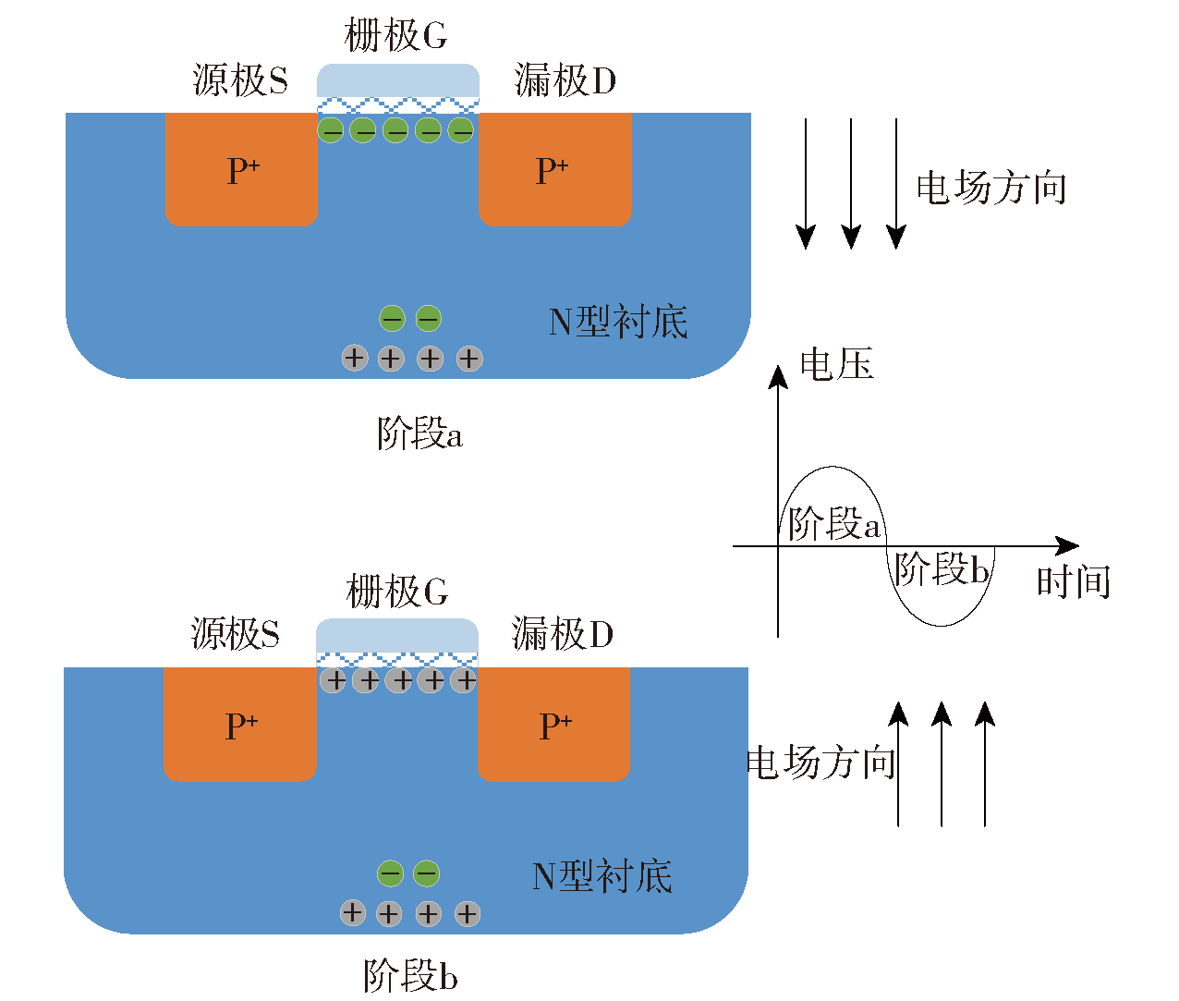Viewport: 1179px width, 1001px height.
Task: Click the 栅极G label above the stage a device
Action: point(395,35)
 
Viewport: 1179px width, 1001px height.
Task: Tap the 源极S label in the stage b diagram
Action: point(235,633)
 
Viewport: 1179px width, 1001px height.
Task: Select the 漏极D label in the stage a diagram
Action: point(565,79)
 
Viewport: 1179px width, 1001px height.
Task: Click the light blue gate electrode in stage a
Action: point(398,80)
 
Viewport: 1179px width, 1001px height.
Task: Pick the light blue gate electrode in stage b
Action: point(397,635)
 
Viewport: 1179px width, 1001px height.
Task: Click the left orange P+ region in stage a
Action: point(241,169)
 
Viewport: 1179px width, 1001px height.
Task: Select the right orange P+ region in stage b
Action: point(553,725)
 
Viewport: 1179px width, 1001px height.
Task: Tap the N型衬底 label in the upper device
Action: point(618,322)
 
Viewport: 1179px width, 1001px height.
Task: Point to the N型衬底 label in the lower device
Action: point(602,876)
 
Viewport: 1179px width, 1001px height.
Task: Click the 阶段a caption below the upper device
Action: point(419,433)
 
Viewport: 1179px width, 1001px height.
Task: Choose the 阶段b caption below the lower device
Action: point(410,975)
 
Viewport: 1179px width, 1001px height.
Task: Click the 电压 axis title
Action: point(837,363)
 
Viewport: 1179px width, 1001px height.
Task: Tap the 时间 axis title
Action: point(1074,581)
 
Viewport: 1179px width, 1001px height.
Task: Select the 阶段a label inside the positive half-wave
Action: point(834,523)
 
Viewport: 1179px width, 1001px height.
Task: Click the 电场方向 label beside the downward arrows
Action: point(991,188)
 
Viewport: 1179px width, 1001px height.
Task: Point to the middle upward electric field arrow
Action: point(942,763)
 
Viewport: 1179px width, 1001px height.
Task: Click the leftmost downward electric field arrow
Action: point(806,184)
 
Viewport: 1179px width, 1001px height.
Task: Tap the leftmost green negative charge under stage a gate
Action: point(330,130)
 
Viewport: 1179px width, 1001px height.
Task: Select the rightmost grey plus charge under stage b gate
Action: point(463,680)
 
